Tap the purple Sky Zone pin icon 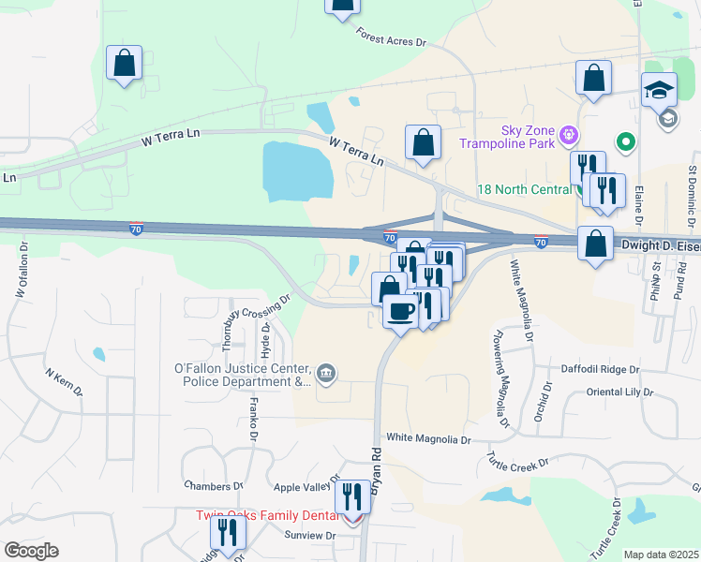tap(567, 137)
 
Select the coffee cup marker tap(400, 312)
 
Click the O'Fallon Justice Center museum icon tap(324, 375)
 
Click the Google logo tap(31, 551)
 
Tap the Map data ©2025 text tap(661, 555)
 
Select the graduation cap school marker tap(659, 90)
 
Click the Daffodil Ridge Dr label tap(600, 370)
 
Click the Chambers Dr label tap(214, 486)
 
